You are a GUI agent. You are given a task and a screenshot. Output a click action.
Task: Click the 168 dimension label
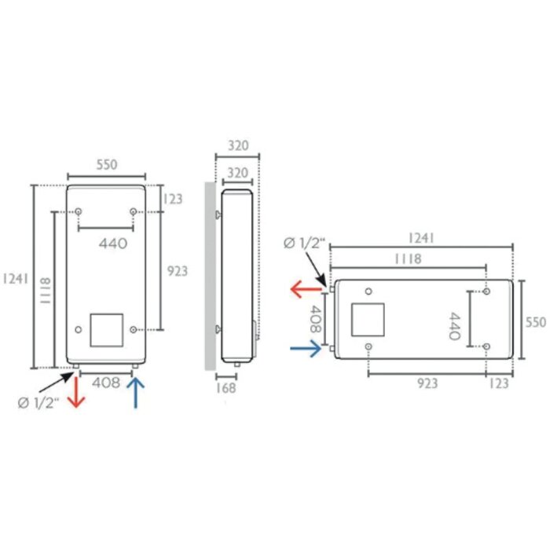pos(226,388)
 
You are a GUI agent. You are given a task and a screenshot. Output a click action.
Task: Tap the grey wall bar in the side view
pos(210,276)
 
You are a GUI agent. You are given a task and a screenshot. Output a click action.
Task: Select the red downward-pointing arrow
pos(76,391)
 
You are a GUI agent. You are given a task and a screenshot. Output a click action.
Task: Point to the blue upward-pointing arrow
pos(135,393)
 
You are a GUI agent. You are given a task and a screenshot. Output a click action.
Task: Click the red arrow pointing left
pos(306,289)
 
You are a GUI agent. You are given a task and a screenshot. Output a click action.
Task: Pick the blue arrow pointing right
pos(306,348)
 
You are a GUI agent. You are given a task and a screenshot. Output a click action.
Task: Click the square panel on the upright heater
pos(107,330)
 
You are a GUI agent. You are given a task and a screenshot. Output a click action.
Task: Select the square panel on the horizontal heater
pos(368,320)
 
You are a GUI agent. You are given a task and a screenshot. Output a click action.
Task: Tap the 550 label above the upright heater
pos(107,164)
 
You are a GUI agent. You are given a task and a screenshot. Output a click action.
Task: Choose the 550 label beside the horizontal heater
pos(536,322)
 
